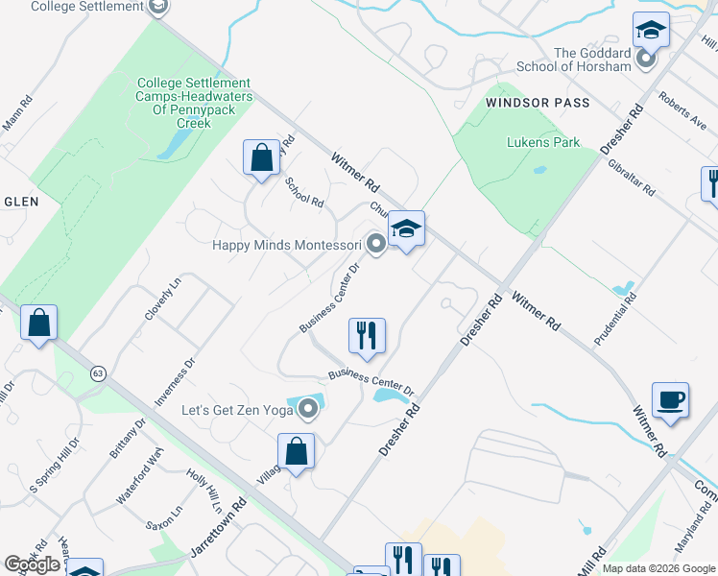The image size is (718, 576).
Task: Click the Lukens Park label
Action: (543, 142)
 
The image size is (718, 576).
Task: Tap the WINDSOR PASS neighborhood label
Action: (537, 102)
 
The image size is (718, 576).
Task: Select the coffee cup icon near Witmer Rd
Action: (670, 399)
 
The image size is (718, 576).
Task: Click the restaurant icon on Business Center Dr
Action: (366, 336)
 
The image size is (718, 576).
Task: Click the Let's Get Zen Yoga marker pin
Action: (308, 411)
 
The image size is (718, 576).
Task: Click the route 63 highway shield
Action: (98, 372)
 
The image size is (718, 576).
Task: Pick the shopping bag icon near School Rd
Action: (261, 156)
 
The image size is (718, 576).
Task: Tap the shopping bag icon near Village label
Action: (297, 451)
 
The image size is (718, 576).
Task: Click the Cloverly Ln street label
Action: (162, 298)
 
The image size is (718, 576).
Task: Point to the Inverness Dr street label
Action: (176, 379)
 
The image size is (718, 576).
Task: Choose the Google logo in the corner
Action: (32, 564)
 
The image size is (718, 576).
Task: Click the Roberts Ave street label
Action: (682, 108)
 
